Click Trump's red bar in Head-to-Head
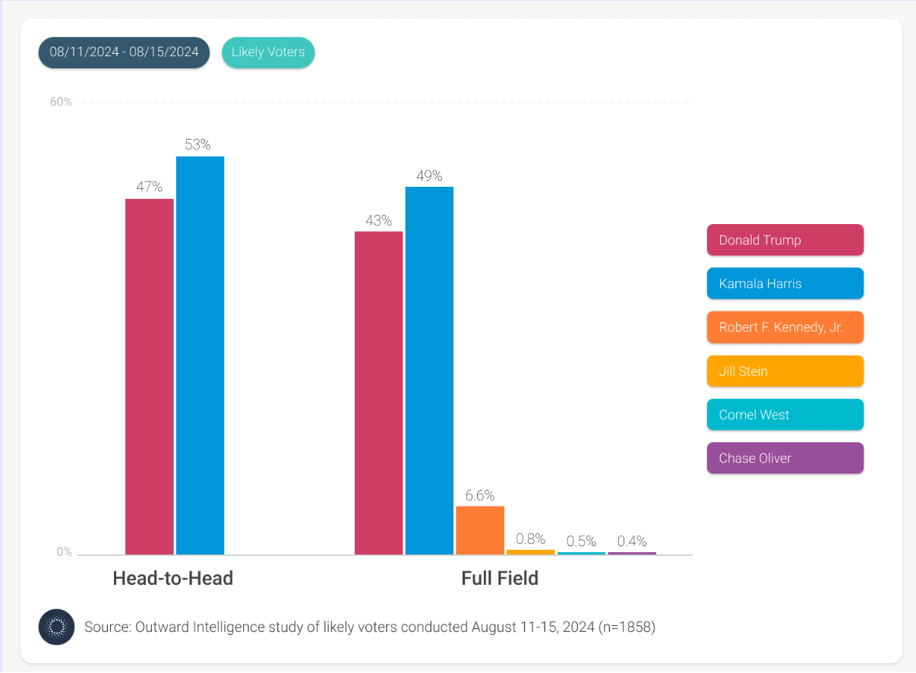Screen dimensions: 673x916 (150, 376)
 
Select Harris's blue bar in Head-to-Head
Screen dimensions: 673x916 (200, 355)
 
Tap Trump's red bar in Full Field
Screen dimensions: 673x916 (378, 393)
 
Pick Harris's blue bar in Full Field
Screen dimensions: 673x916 (429, 370)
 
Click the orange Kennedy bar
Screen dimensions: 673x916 (480, 530)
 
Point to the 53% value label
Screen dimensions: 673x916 (197, 144)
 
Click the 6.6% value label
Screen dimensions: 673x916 (479, 496)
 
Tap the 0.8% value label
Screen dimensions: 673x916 (530, 539)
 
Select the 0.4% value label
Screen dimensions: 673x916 (632, 542)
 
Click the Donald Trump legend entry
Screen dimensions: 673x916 (785, 240)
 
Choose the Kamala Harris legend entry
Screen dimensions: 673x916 (785, 283)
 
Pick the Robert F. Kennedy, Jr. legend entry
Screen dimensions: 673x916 (785, 327)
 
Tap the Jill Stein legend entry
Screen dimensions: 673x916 (785, 371)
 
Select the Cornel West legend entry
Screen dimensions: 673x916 (785, 415)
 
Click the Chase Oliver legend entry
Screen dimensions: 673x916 (785, 458)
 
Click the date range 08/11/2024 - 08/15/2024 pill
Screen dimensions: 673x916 (124, 52)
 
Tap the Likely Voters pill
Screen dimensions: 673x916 (268, 52)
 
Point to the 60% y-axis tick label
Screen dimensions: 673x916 (61, 102)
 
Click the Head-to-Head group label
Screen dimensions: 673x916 (172, 578)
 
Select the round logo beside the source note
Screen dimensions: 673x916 (56, 627)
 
